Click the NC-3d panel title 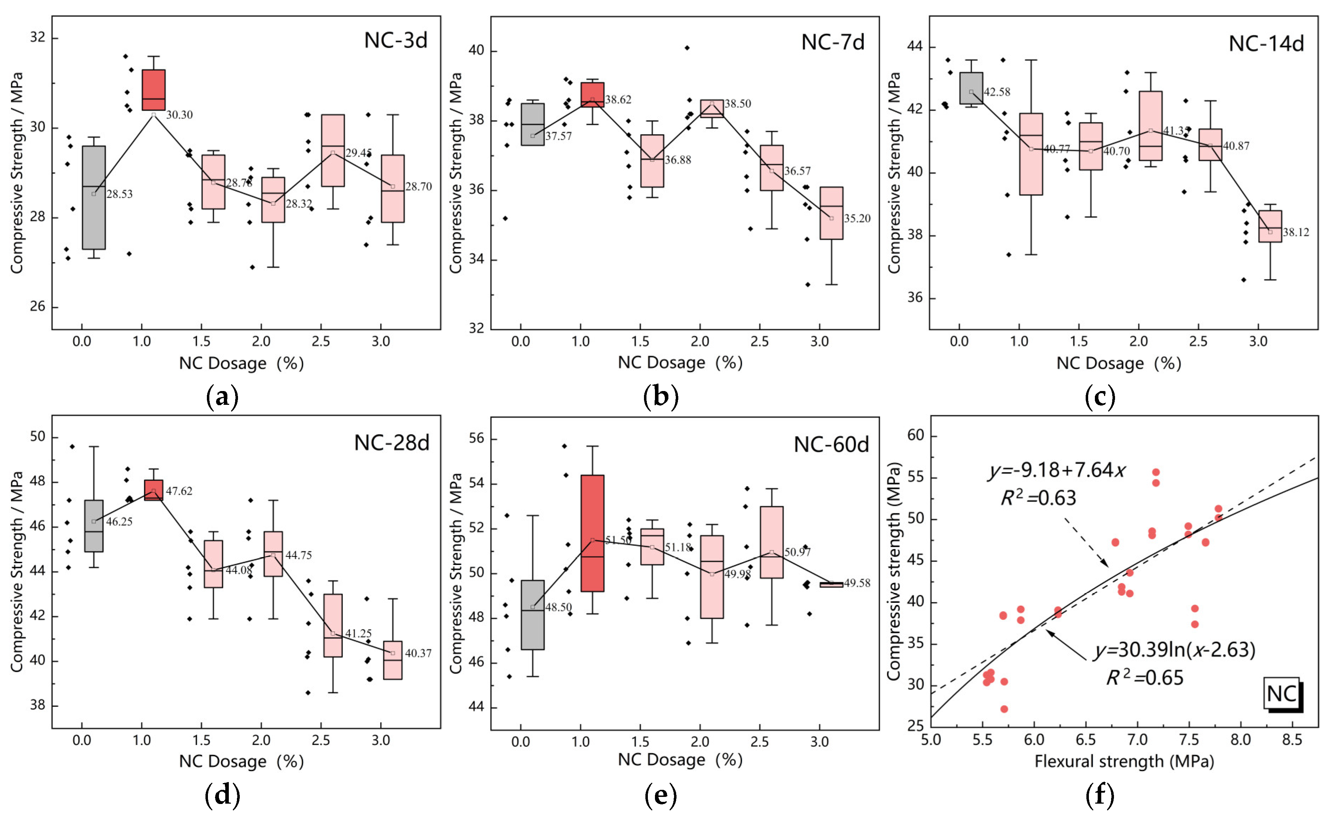(x=395, y=41)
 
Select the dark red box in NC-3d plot (x=153, y=90)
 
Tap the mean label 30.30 (x=179, y=115)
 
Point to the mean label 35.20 (x=857, y=218)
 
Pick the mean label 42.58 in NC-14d (x=997, y=92)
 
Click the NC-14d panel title (x=1266, y=44)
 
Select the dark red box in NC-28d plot (x=153, y=490)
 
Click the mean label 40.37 (x=418, y=653)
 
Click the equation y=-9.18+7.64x (x=1057, y=470)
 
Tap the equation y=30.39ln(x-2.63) (x=1175, y=650)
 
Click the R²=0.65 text (x=1144, y=678)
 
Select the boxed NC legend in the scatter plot (x=1282, y=694)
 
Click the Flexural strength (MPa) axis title (x=1124, y=761)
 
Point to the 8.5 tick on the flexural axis (x=1292, y=740)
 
